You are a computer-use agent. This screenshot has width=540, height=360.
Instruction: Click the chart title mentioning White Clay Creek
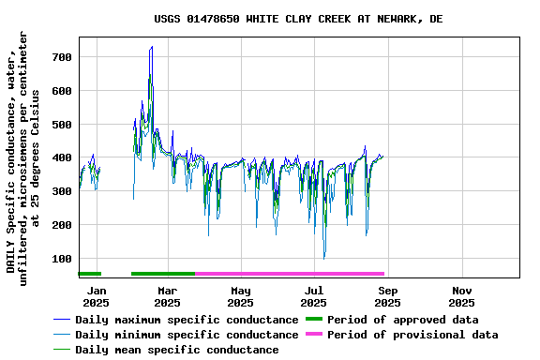pyautogui.click(x=298, y=19)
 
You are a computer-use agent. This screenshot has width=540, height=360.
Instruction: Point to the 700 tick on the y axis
pyautogui.click(x=62, y=57)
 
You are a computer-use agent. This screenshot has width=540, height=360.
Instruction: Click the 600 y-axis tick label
pyautogui.click(x=62, y=91)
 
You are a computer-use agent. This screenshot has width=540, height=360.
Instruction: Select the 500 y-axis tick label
pyautogui.click(x=62, y=125)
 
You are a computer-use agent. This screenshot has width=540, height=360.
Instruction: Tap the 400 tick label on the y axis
pyautogui.click(x=62, y=157)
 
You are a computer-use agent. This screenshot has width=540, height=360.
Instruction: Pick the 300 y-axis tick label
pyautogui.click(x=62, y=191)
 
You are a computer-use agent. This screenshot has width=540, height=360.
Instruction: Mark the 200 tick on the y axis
pyautogui.click(x=62, y=225)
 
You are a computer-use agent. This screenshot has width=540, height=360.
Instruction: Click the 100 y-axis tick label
pyautogui.click(x=62, y=259)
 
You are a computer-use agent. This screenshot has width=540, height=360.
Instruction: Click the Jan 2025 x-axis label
pyautogui.click(x=96, y=296)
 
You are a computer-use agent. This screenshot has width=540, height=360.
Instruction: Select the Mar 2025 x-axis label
pyautogui.click(x=167, y=296)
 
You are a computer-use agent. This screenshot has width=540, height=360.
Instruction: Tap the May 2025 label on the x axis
pyautogui.click(x=241, y=296)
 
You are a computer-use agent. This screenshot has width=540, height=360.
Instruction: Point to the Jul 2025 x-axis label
pyautogui.click(x=315, y=296)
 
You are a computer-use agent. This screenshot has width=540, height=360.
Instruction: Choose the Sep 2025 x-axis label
pyautogui.click(x=387, y=296)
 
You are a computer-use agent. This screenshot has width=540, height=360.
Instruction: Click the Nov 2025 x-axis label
pyautogui.click(x=461, y=296)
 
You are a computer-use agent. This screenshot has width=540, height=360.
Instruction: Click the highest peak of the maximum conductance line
pyautogui.click(x=152, y=46)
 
